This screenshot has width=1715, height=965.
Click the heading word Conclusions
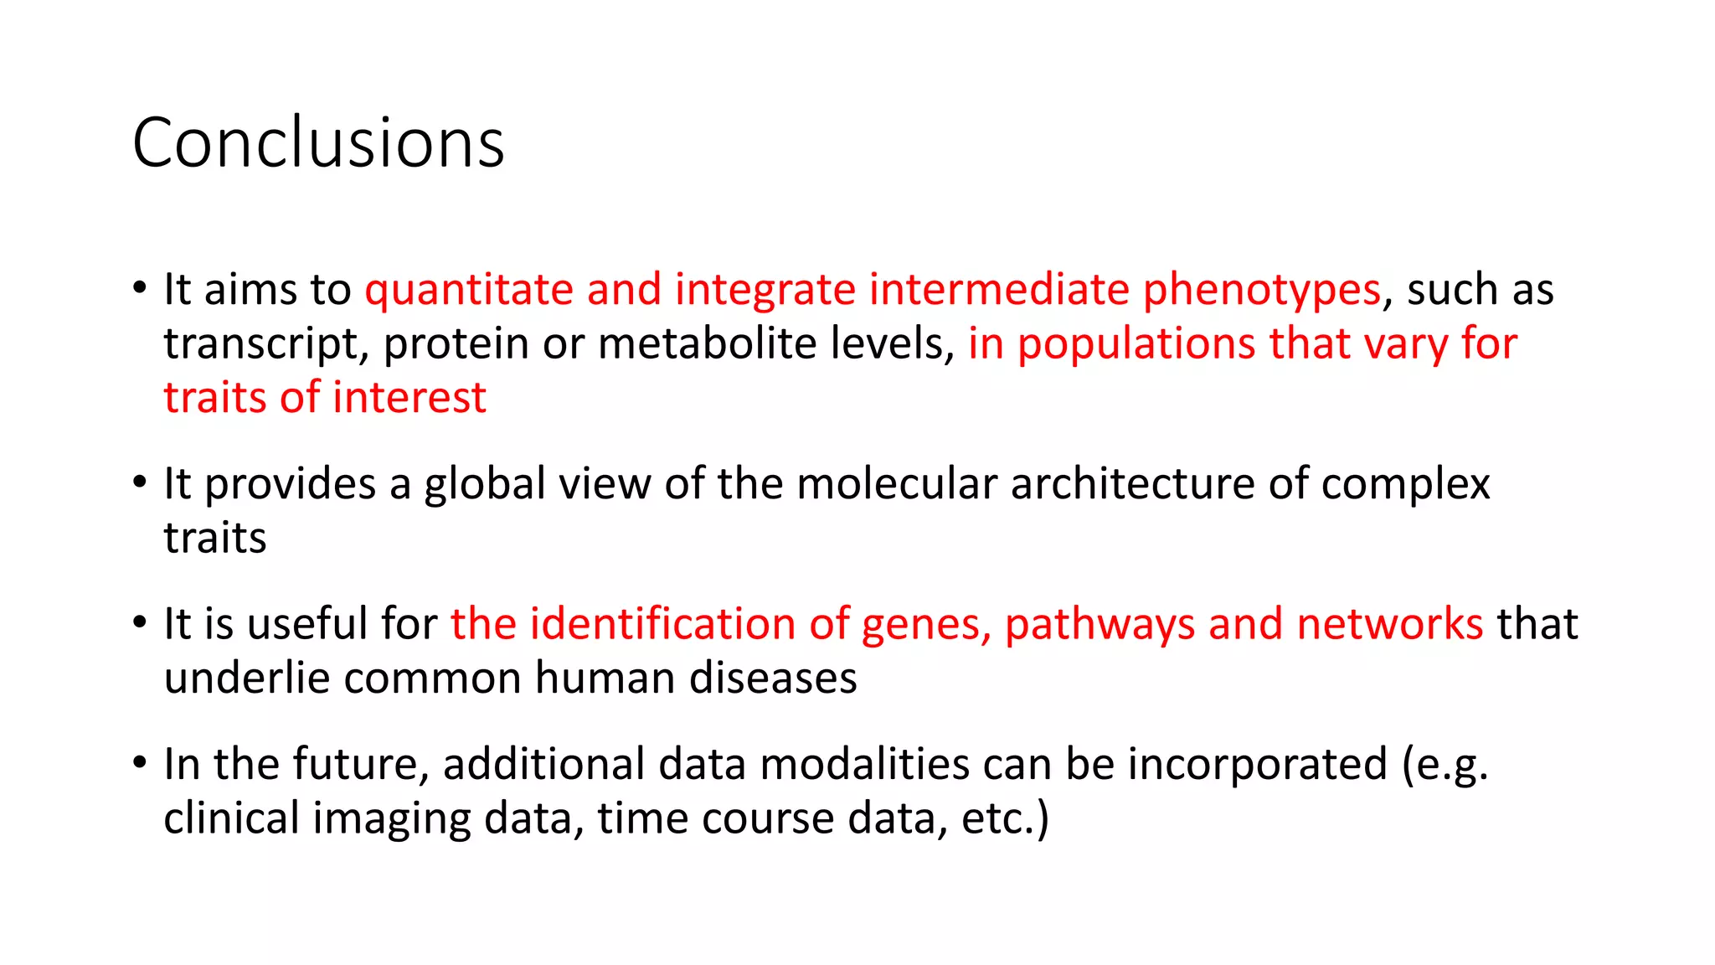(318, 142)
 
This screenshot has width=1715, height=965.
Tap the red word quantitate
(468, 290)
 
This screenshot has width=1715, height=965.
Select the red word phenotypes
(1261, 290)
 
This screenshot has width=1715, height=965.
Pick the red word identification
(662, 624)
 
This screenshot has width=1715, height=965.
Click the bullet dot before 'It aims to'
(140, 288)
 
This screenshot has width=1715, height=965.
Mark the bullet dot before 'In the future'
(140, 763)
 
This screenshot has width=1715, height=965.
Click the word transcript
(266, 343)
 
